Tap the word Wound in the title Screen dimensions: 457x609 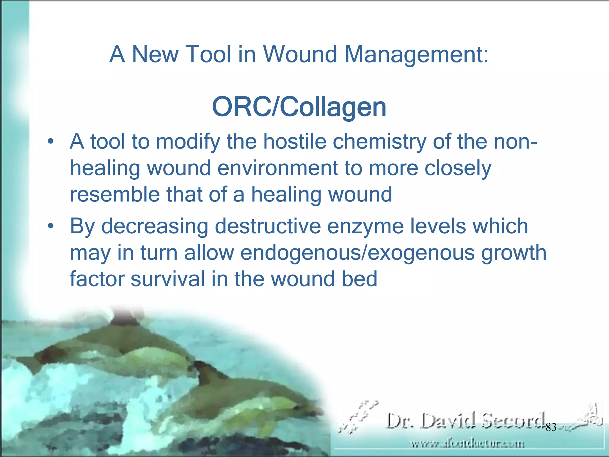coord(300,54)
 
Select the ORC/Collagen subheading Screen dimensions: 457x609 coord(299,107)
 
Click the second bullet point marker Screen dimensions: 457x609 coord(51,226)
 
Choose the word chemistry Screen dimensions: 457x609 coord(379,142)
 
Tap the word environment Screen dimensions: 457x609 coord(277,168)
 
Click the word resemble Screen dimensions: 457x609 coord(114,194)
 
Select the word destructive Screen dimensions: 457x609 coord(268,226)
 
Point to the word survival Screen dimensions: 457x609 coord(168,279)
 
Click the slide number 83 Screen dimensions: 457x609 coord(551,427)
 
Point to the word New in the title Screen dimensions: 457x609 coord(155,54)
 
